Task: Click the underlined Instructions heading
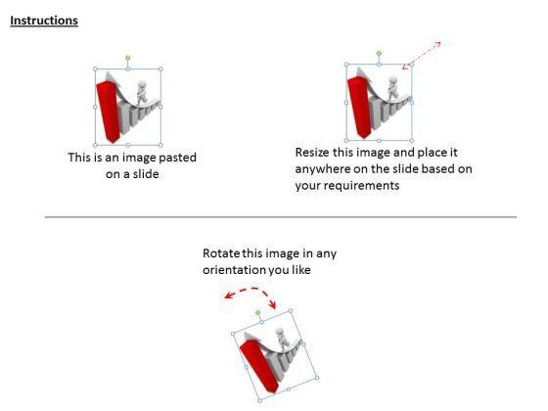click(x=44, y=21)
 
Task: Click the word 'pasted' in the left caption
click(x=177, y=158)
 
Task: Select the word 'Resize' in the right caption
click(x=312, y=153)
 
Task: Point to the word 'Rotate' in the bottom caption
click(x=221, y=253)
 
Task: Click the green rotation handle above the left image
click(x=128, y=58)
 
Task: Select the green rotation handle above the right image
click(x=379, y=54)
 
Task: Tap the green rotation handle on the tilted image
click(x=257, y=312)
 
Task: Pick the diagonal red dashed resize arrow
click(x=422, y=55)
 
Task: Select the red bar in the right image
click(x=359, y=108)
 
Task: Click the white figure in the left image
click(x=142, y=92)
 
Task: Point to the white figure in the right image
click(x=392, y=87)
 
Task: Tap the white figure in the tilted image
click(x=282, y=339)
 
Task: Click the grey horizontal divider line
click(x=281, y=217)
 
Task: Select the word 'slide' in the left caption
click(x=146, y=174)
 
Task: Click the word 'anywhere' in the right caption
click(x=322, y=169)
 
